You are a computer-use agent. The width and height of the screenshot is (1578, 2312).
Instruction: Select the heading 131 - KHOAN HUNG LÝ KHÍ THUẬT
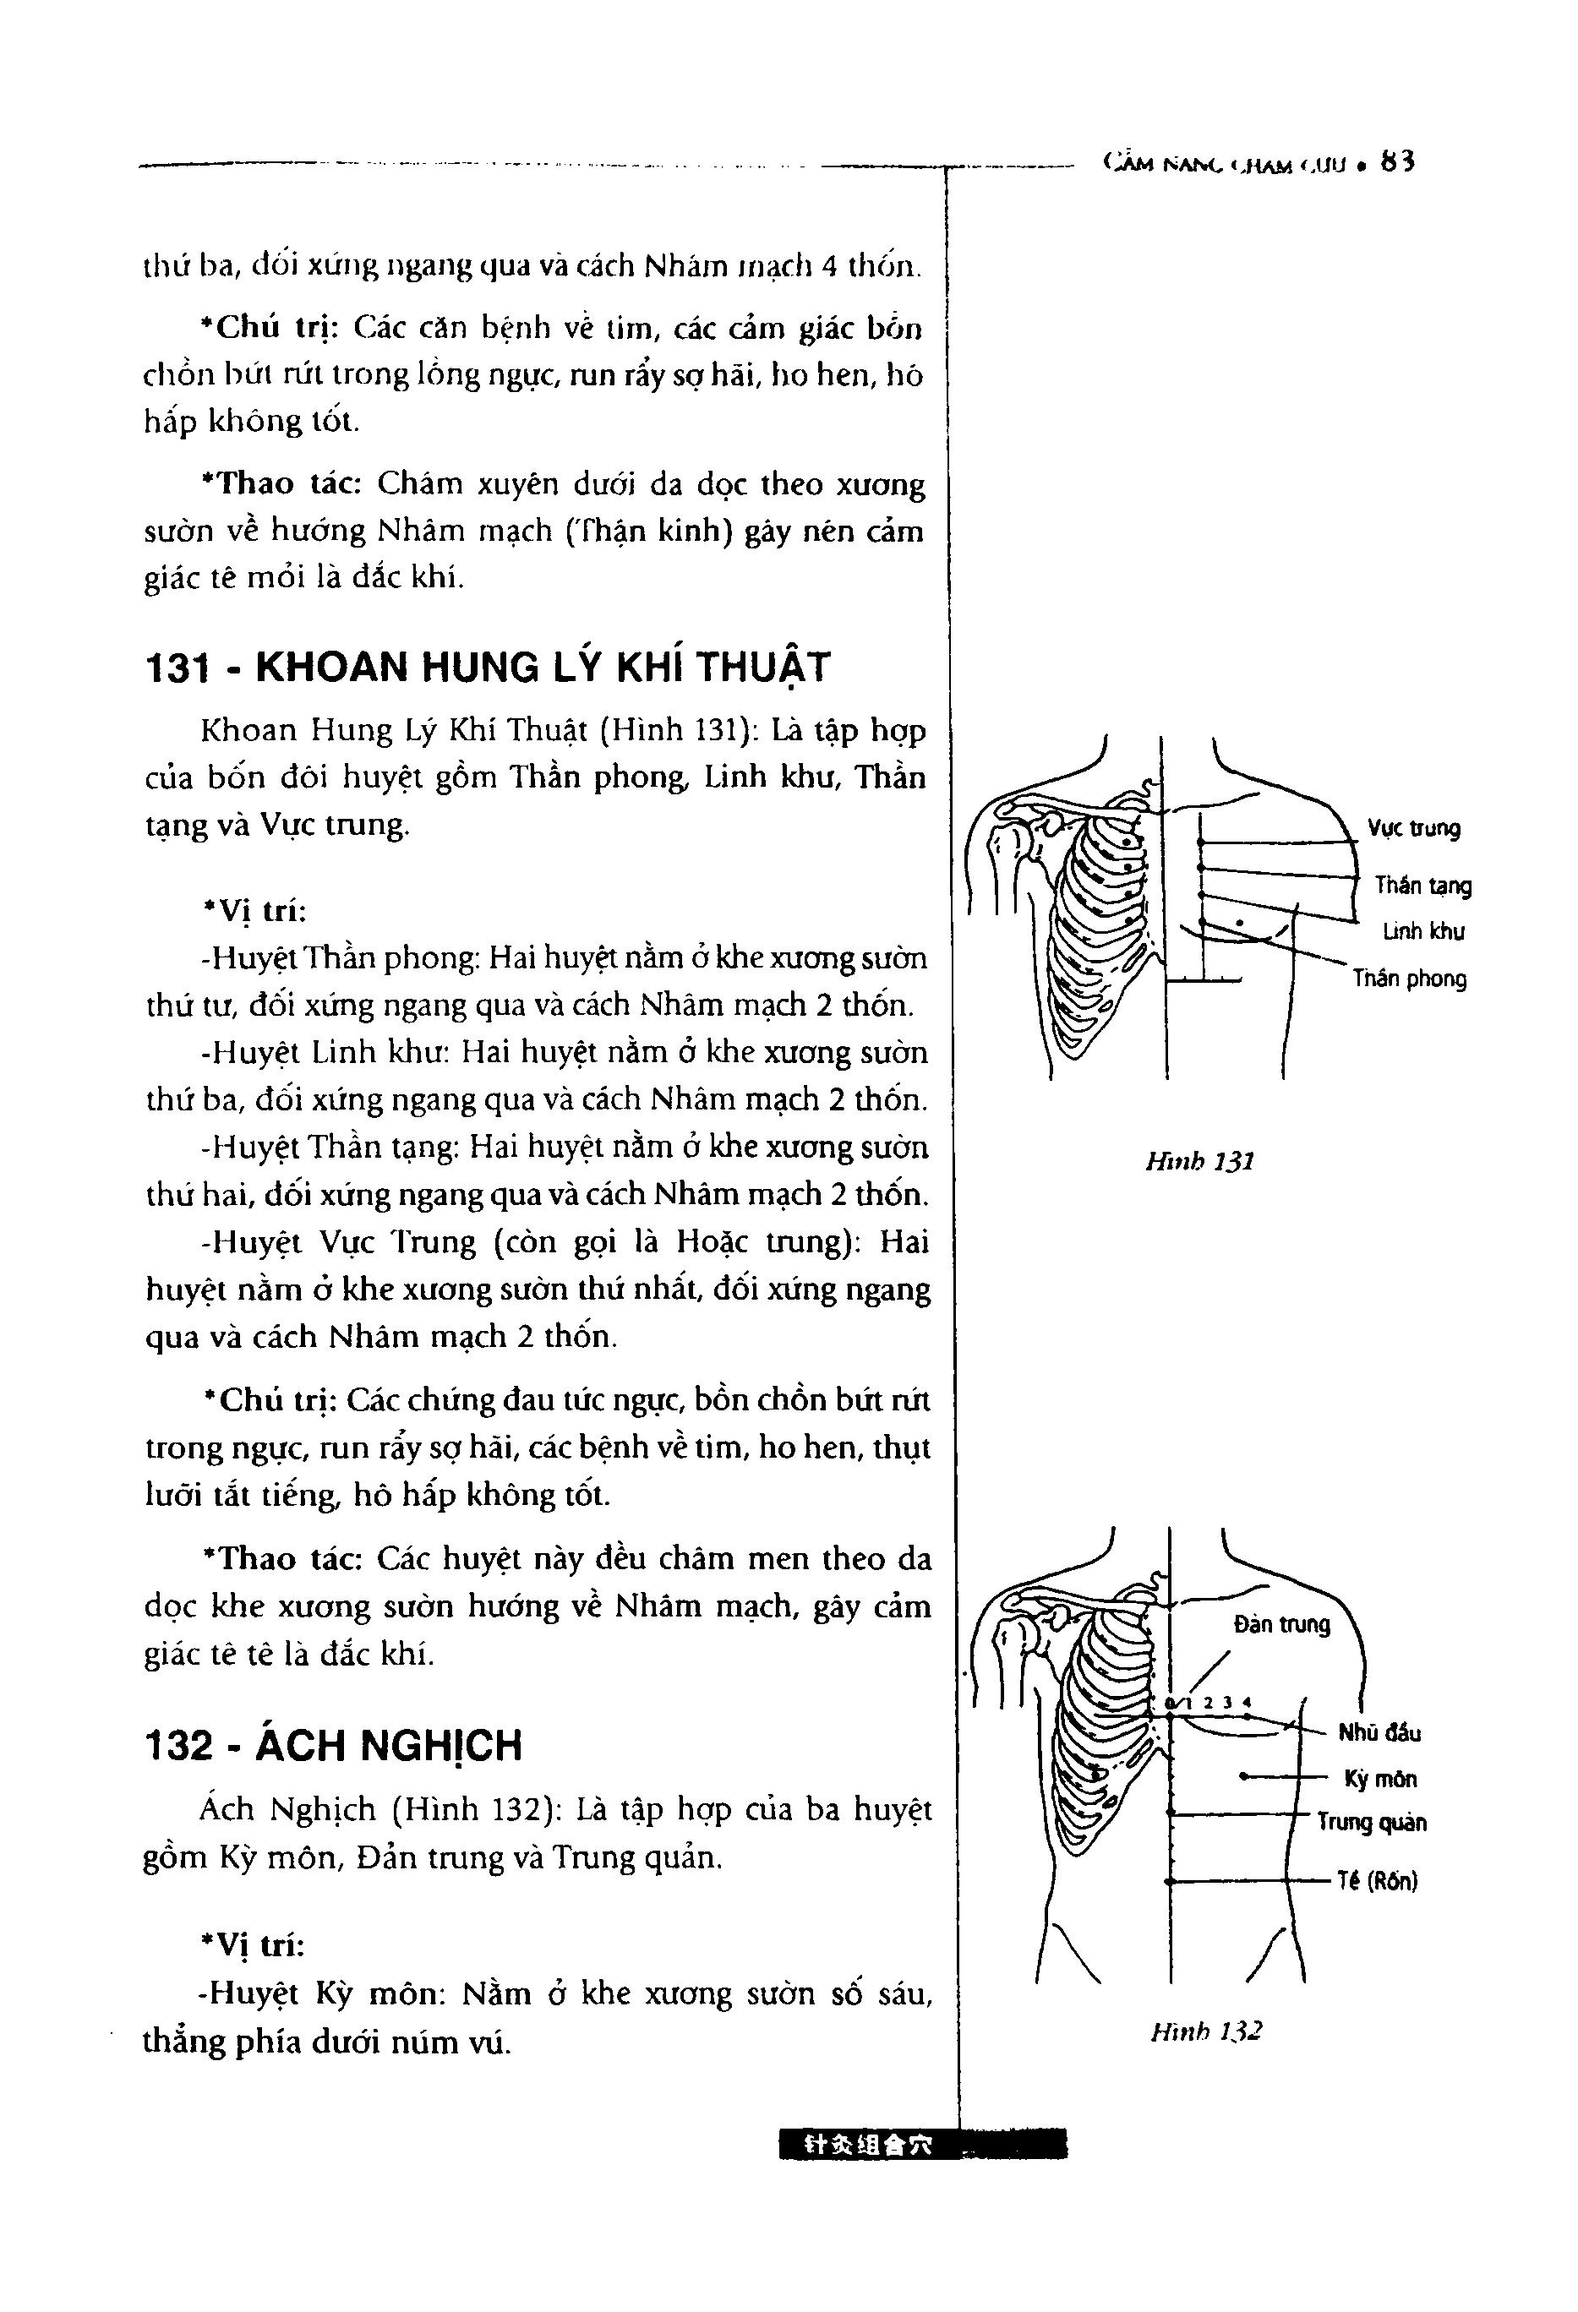488,668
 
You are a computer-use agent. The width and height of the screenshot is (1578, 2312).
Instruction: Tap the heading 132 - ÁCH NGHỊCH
333,1745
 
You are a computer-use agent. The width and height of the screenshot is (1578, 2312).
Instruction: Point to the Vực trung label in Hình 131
1414,829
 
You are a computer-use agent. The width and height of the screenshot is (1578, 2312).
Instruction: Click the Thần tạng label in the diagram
1422,886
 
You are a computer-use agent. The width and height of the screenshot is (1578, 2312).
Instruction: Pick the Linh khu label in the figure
1422,932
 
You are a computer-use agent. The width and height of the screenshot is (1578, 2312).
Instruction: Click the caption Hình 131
1199,1161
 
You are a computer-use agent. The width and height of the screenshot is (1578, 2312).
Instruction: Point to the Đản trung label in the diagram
1281,1624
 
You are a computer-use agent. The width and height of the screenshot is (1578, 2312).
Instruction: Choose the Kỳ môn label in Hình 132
1380,1779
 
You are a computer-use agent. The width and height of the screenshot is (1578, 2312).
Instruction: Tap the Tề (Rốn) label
1377,1881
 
